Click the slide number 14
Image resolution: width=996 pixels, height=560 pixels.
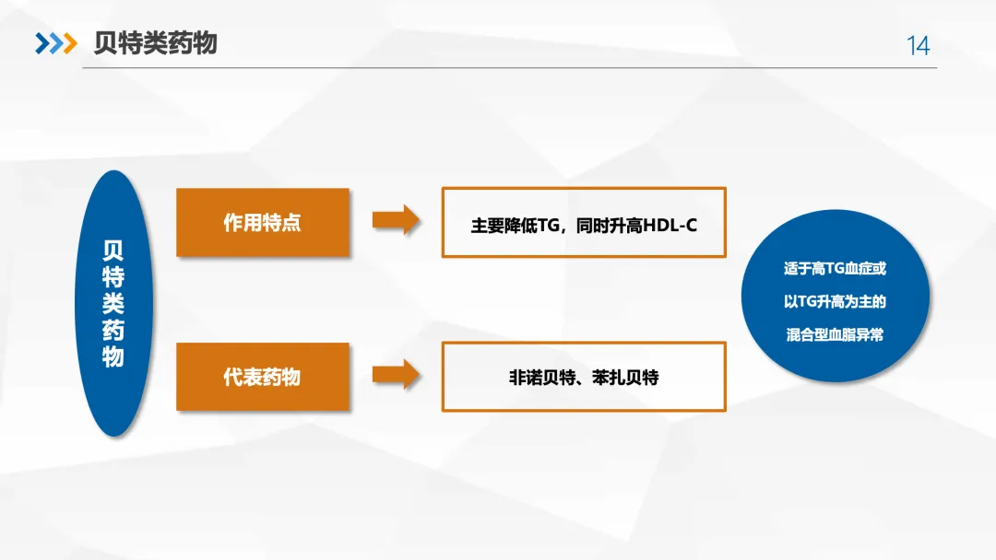pyautogui.click(x=919, y=45)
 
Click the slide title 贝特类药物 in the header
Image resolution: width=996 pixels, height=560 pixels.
pyautogui.click(x=155, y=43)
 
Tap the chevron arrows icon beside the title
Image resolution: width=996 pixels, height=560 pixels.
pyautogui.click(x=55, y=43)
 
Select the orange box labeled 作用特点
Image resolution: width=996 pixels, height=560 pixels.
pyautogui.click(x=262, y=223)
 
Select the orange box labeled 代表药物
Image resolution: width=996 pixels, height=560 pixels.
pyautogui.click(x=262, y=377)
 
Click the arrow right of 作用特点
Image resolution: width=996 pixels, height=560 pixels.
pyautogui.click(x=396, y=221)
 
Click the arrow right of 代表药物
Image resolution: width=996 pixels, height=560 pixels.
pyautogui.click(x=396, y=375)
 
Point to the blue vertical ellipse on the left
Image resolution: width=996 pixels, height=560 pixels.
pyautogui.click(x=113, y=303)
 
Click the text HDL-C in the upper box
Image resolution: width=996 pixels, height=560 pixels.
pyautogui.click(x=666, y=225)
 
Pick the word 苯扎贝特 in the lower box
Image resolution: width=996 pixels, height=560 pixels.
pyautogui.click(x=627, y=378)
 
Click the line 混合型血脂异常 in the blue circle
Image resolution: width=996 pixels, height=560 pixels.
pyautogui.click(x=834, y=335)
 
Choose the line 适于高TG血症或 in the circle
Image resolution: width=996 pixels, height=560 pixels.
pyautogui.click(x=834, y=269)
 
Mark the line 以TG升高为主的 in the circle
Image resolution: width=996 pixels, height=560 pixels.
pyautogui.click(x=834, y=302)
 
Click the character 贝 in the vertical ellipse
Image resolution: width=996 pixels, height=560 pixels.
pyautogui.click(x=113, y=251)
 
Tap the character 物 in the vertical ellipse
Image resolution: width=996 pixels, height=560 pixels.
pyautogui.click(x=113, y=356)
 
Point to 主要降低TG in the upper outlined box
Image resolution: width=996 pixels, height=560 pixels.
pyautogui.click(x=511, y=225)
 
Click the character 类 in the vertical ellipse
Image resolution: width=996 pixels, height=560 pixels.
pyautogui.click(x=113, y=303)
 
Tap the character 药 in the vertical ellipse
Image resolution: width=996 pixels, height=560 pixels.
pyautogui.click(x=113, y=330)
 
